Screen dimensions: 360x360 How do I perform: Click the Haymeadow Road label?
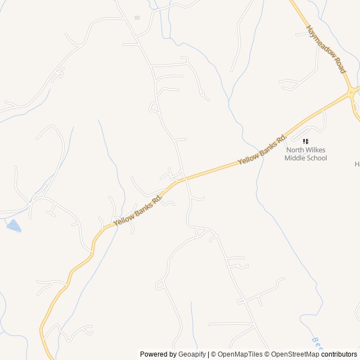(326, 49)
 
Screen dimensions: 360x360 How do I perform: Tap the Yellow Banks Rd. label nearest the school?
(262, 150)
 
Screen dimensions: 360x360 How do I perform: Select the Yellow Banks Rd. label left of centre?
(138, 210)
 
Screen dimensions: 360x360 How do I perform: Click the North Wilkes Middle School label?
(305, 154)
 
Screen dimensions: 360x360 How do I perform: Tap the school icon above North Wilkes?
(305, 141)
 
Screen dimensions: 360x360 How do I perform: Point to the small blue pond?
(13, 226)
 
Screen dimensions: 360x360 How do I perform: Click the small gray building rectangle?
(137, 18)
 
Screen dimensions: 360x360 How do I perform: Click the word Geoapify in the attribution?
(192, 354)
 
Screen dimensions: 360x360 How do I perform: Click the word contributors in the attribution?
(339, 354)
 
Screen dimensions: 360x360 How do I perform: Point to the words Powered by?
(158, 354)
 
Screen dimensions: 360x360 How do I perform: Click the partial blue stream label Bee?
(316, 341)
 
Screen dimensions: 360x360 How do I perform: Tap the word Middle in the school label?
(295, 158)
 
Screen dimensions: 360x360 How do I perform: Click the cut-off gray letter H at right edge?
(357, 164)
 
